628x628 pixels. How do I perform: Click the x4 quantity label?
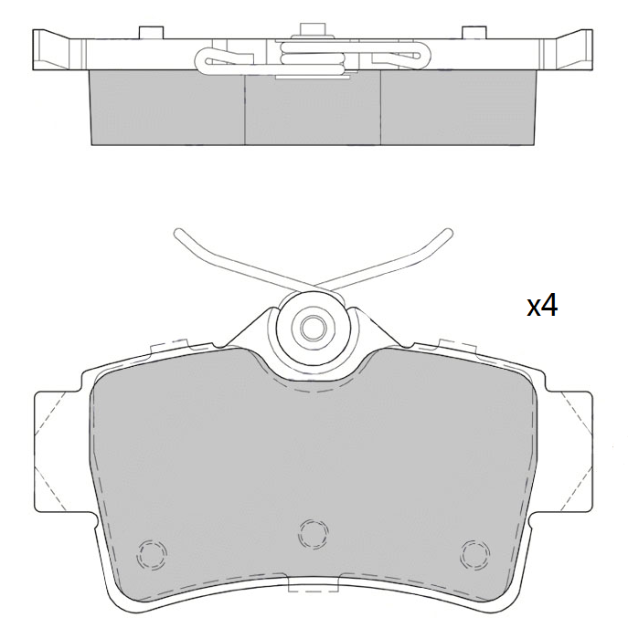(x=542, y=306)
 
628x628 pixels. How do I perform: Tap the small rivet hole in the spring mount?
(x=313, y=324)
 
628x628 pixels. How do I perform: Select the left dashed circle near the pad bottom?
(x=151, y=552)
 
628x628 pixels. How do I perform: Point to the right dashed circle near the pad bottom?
(x=474, y=552)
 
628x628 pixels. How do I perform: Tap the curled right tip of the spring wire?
(x=448, y=233)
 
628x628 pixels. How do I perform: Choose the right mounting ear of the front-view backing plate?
(x=571, y=452)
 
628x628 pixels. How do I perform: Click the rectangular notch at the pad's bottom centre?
(x=314, y=585)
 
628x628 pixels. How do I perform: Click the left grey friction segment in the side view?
(x=166, y=108)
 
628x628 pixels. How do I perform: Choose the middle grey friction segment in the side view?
(x=313, y=111)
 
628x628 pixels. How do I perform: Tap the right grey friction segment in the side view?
(x=457, y=108)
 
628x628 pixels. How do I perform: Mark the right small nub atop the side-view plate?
(x=474, y=34)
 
